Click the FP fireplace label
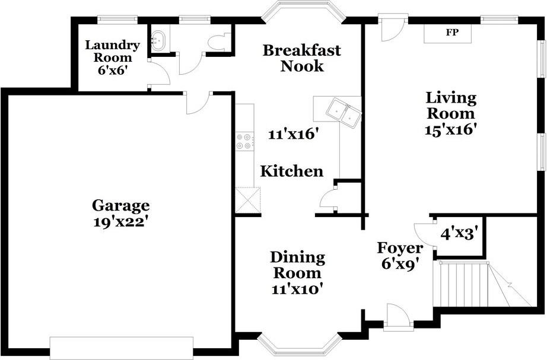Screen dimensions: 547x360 coord(452,33)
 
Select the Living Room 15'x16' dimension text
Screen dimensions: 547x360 coord(451,130)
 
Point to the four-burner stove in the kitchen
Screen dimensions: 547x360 coord(244,141)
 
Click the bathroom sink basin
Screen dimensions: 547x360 coord(159,40)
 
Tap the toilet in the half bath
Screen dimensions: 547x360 coord(218,42)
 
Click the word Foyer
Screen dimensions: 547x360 coord(400,248)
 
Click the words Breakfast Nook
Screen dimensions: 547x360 coord(302,58)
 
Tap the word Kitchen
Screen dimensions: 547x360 coord(292,171)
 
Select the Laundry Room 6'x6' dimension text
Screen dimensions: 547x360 coord(112,71)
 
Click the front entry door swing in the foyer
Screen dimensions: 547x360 coord(397,316)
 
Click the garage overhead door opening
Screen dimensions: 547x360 coord(122,348)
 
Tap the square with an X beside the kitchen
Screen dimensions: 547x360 coord(248,200)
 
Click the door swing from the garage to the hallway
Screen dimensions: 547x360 coord(198,103)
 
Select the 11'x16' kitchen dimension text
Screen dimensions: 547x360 coord(294,135)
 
